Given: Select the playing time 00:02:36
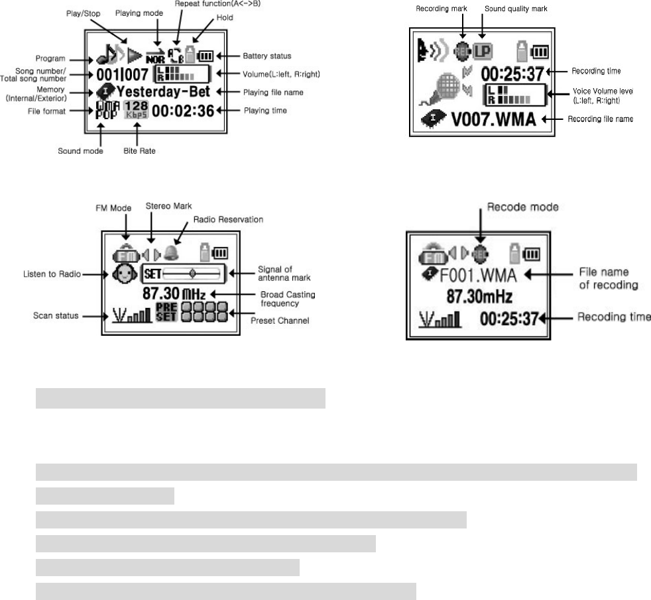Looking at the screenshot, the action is tap(183, 111).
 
